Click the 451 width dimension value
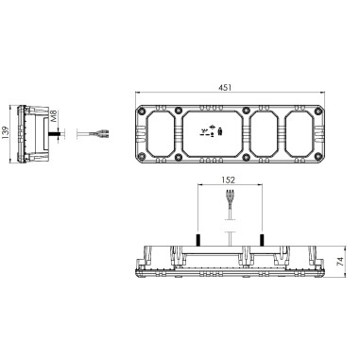(227, 88)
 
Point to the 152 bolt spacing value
(228, 179)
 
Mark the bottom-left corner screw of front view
(142, 156)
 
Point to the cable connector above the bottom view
(228, 202)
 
